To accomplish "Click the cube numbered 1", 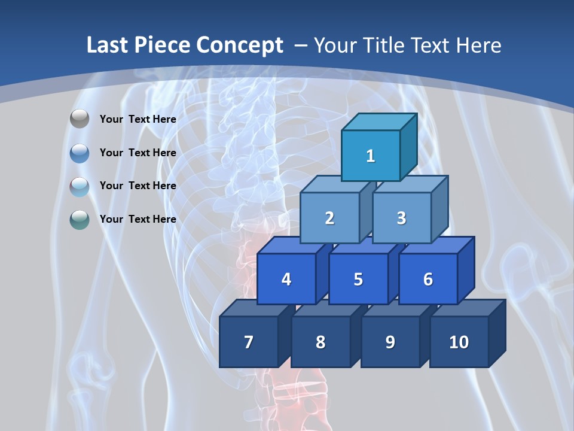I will (371, 156).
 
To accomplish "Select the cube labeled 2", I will (329, 218).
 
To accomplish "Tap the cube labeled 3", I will (401, 218).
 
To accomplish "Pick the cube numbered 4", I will (286, 279).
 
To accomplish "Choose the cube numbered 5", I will (358, 279).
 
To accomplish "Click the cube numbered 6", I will (428, 279).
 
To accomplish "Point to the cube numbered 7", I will (249, 342).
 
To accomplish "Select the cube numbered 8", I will (320, 342).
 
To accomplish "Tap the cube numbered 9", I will (390, 342).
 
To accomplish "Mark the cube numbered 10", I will (459, 342).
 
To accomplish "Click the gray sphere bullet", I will (80, 119).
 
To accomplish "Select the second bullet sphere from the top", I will (80, 153).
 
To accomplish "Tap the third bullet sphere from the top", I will (80, 186).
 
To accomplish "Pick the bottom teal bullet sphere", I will (80, 219).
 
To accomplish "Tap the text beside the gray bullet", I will (138, 119).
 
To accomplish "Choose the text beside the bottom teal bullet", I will (138, 219).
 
